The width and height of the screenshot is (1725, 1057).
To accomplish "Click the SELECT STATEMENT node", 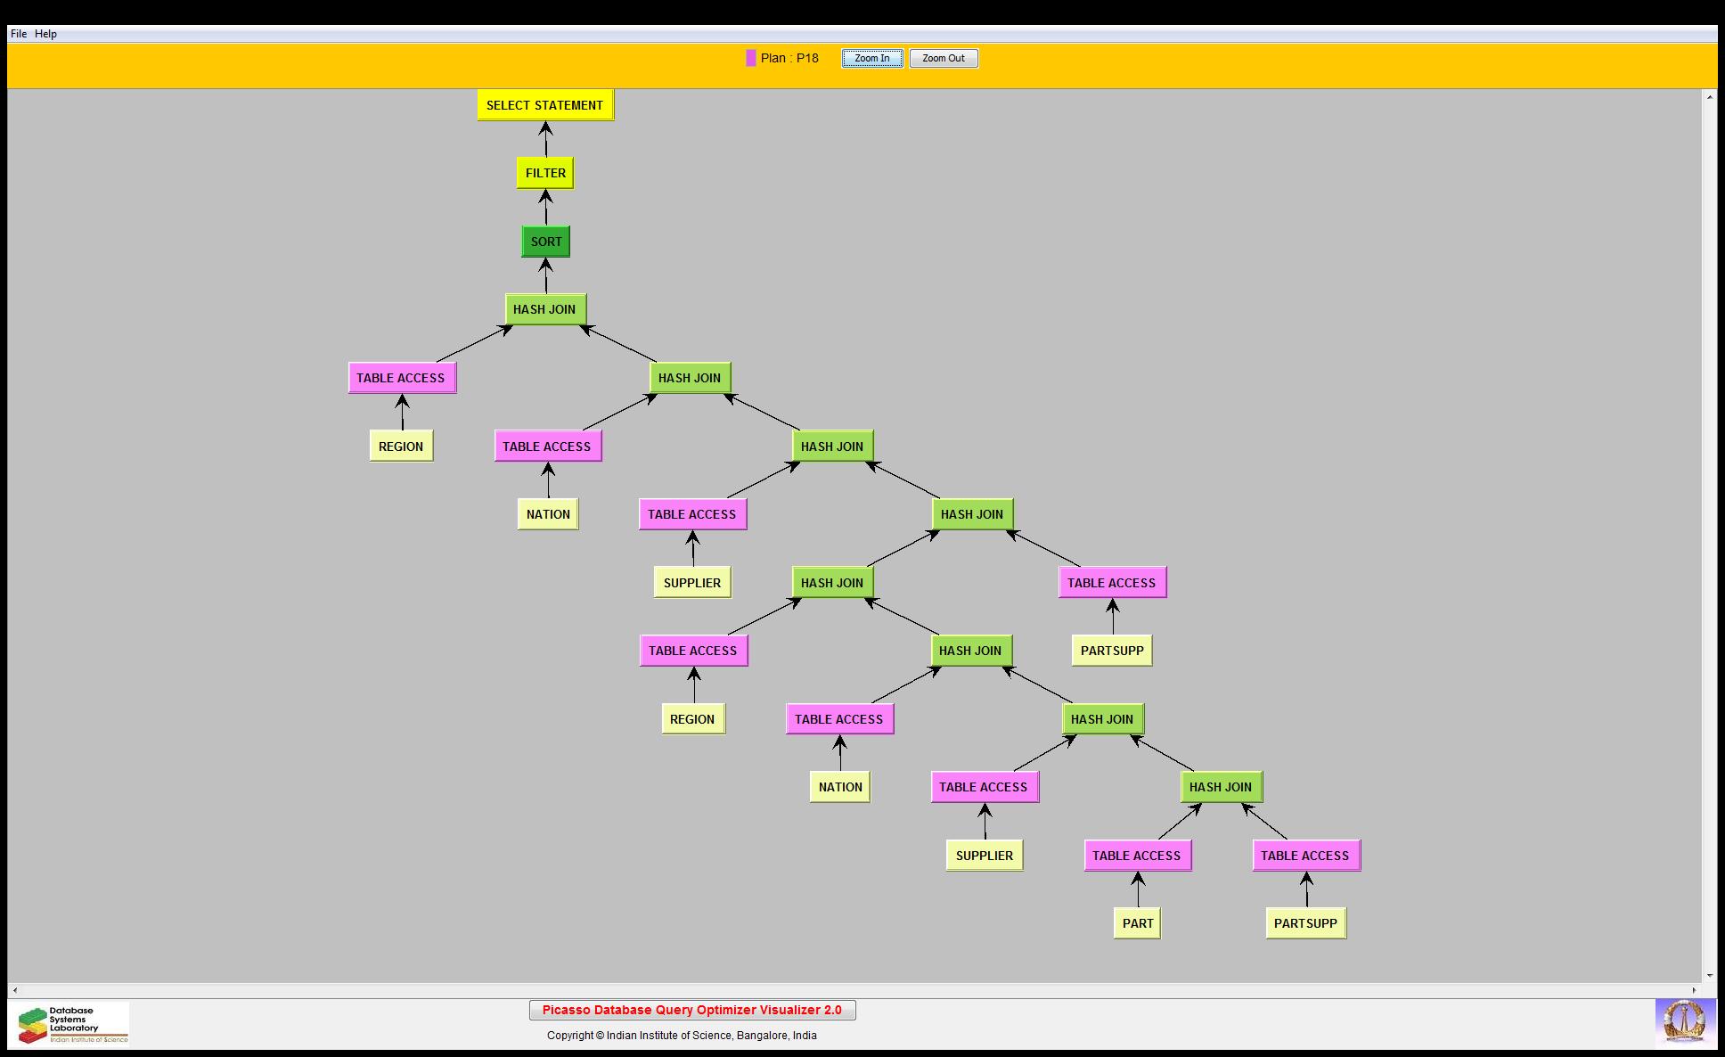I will point(545,105).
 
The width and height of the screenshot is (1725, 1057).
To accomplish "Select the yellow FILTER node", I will point(545,173).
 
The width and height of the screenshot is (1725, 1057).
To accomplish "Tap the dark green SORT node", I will point(546,242).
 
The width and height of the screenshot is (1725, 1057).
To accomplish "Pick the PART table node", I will point(1137,923).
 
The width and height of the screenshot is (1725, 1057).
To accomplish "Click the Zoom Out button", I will point(944,59).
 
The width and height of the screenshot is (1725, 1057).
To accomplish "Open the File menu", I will point(19,34).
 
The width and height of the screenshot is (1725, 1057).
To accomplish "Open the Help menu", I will point(46,34).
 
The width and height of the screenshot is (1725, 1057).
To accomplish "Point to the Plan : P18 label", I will point(789,59).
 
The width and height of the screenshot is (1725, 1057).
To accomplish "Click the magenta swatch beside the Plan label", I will point(751,59).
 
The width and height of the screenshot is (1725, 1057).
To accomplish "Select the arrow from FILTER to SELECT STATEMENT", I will point(545,139).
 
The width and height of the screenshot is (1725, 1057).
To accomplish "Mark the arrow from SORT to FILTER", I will point(546,208).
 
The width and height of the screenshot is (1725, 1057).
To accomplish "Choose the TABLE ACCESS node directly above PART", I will point(1137,856).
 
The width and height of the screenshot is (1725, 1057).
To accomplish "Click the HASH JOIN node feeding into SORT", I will point(544,309).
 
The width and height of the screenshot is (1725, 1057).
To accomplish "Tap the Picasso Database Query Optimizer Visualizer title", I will point(692,1010).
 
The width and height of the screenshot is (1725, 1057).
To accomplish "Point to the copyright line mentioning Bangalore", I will point(682,1036).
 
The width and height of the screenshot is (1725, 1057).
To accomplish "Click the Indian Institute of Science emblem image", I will point(1684,1022).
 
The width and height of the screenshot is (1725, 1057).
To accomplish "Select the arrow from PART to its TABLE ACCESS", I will point(1138,889).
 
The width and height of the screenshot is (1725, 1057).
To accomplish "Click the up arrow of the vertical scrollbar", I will point(1710,96).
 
